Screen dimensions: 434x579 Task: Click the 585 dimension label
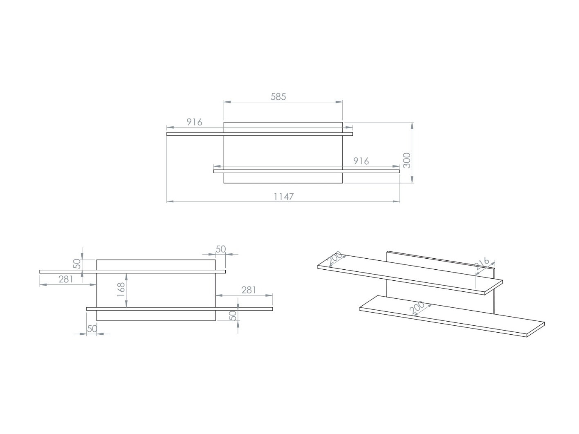pyautogui.click(x=278, y=97)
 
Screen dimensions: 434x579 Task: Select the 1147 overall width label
pyautogui.click(x=283, y=197)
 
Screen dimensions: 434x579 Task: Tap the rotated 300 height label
pyautogui.click(x=406, y=160)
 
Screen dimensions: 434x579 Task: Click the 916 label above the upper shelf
pyautogui.click(x=195, y=122)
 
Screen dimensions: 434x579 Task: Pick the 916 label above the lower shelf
pyautogui.click(x=361, y=161)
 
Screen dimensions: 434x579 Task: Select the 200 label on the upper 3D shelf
pyautogui.click(x=334, y=258)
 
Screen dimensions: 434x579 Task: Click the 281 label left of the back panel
pyautogui.click(x=66, y=280)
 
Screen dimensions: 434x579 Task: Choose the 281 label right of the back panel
pyautogui.click(x=249, y=290)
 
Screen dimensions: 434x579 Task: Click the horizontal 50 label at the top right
pyautogui.click(x=221, y=249)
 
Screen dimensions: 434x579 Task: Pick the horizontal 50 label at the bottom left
pyautogui.click(x=92, y=329)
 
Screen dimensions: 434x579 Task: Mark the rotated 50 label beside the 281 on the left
pyautogui.click(x=77, y=264)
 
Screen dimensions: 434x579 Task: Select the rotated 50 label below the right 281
pyautogui.click(x=232, y=315)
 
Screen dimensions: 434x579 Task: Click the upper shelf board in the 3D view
pyautogui.click(x=409, y=274)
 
